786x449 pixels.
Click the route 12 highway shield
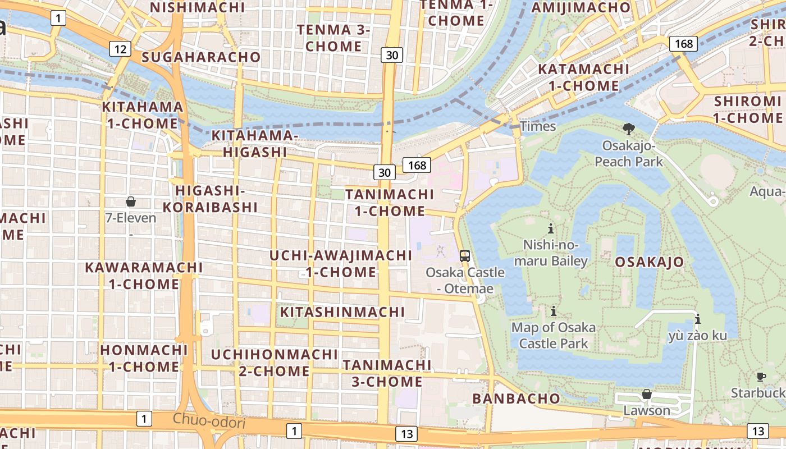pos(120,49)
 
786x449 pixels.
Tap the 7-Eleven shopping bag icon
pos(131,201)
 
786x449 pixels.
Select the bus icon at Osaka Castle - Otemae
pos(465,255)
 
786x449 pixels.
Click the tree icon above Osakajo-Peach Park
pos(629,129)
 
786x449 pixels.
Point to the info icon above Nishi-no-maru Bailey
pos(551,228)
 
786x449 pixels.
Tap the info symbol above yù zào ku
pos(698,319)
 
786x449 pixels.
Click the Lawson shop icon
pos(647,394)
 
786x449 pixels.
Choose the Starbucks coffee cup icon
pos(761,377)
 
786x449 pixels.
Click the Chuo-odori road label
pos(209,420)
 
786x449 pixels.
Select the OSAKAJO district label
pos(650,262)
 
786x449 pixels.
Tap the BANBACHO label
pos(516,398)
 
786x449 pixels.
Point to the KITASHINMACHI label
pos(342,312)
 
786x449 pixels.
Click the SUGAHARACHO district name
pos(201,57)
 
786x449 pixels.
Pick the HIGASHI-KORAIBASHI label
pos(210,199)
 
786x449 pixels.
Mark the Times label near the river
pos(538,126)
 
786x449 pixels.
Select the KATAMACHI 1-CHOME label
pos(584,77)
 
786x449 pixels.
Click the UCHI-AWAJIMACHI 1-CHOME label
pos(341,264)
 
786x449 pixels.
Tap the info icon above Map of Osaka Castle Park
pos(554,310)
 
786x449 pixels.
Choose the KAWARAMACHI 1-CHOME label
pos(144,276)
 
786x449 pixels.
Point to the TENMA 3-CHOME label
pos(333,38)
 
